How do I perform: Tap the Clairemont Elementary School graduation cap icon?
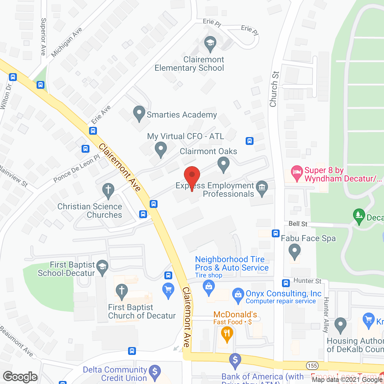pos(210,43)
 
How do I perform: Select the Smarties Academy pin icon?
pos(139,113)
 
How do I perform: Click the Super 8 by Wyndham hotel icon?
pos(297,172)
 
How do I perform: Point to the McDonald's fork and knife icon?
pos(227,334)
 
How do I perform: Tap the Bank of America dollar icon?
pos(235,360)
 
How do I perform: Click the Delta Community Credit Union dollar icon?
pos(155,372)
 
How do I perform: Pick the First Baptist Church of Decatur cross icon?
pos(122,291)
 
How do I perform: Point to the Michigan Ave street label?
pos(67,42)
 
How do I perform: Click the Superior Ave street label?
pos(43,37)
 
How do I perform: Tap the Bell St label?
pos(298,224)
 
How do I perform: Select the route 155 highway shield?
pos(312,366)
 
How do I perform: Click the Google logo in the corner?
pos(20,377)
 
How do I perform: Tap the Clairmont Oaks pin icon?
pos(223,165)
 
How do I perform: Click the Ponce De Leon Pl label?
pos(76,169)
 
